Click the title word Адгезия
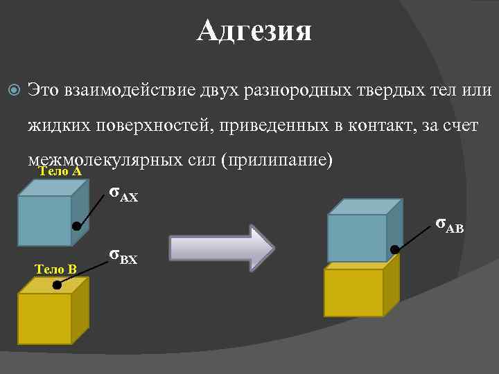coord(254,31)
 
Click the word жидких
coord(54,126)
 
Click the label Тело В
coord(56,268)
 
